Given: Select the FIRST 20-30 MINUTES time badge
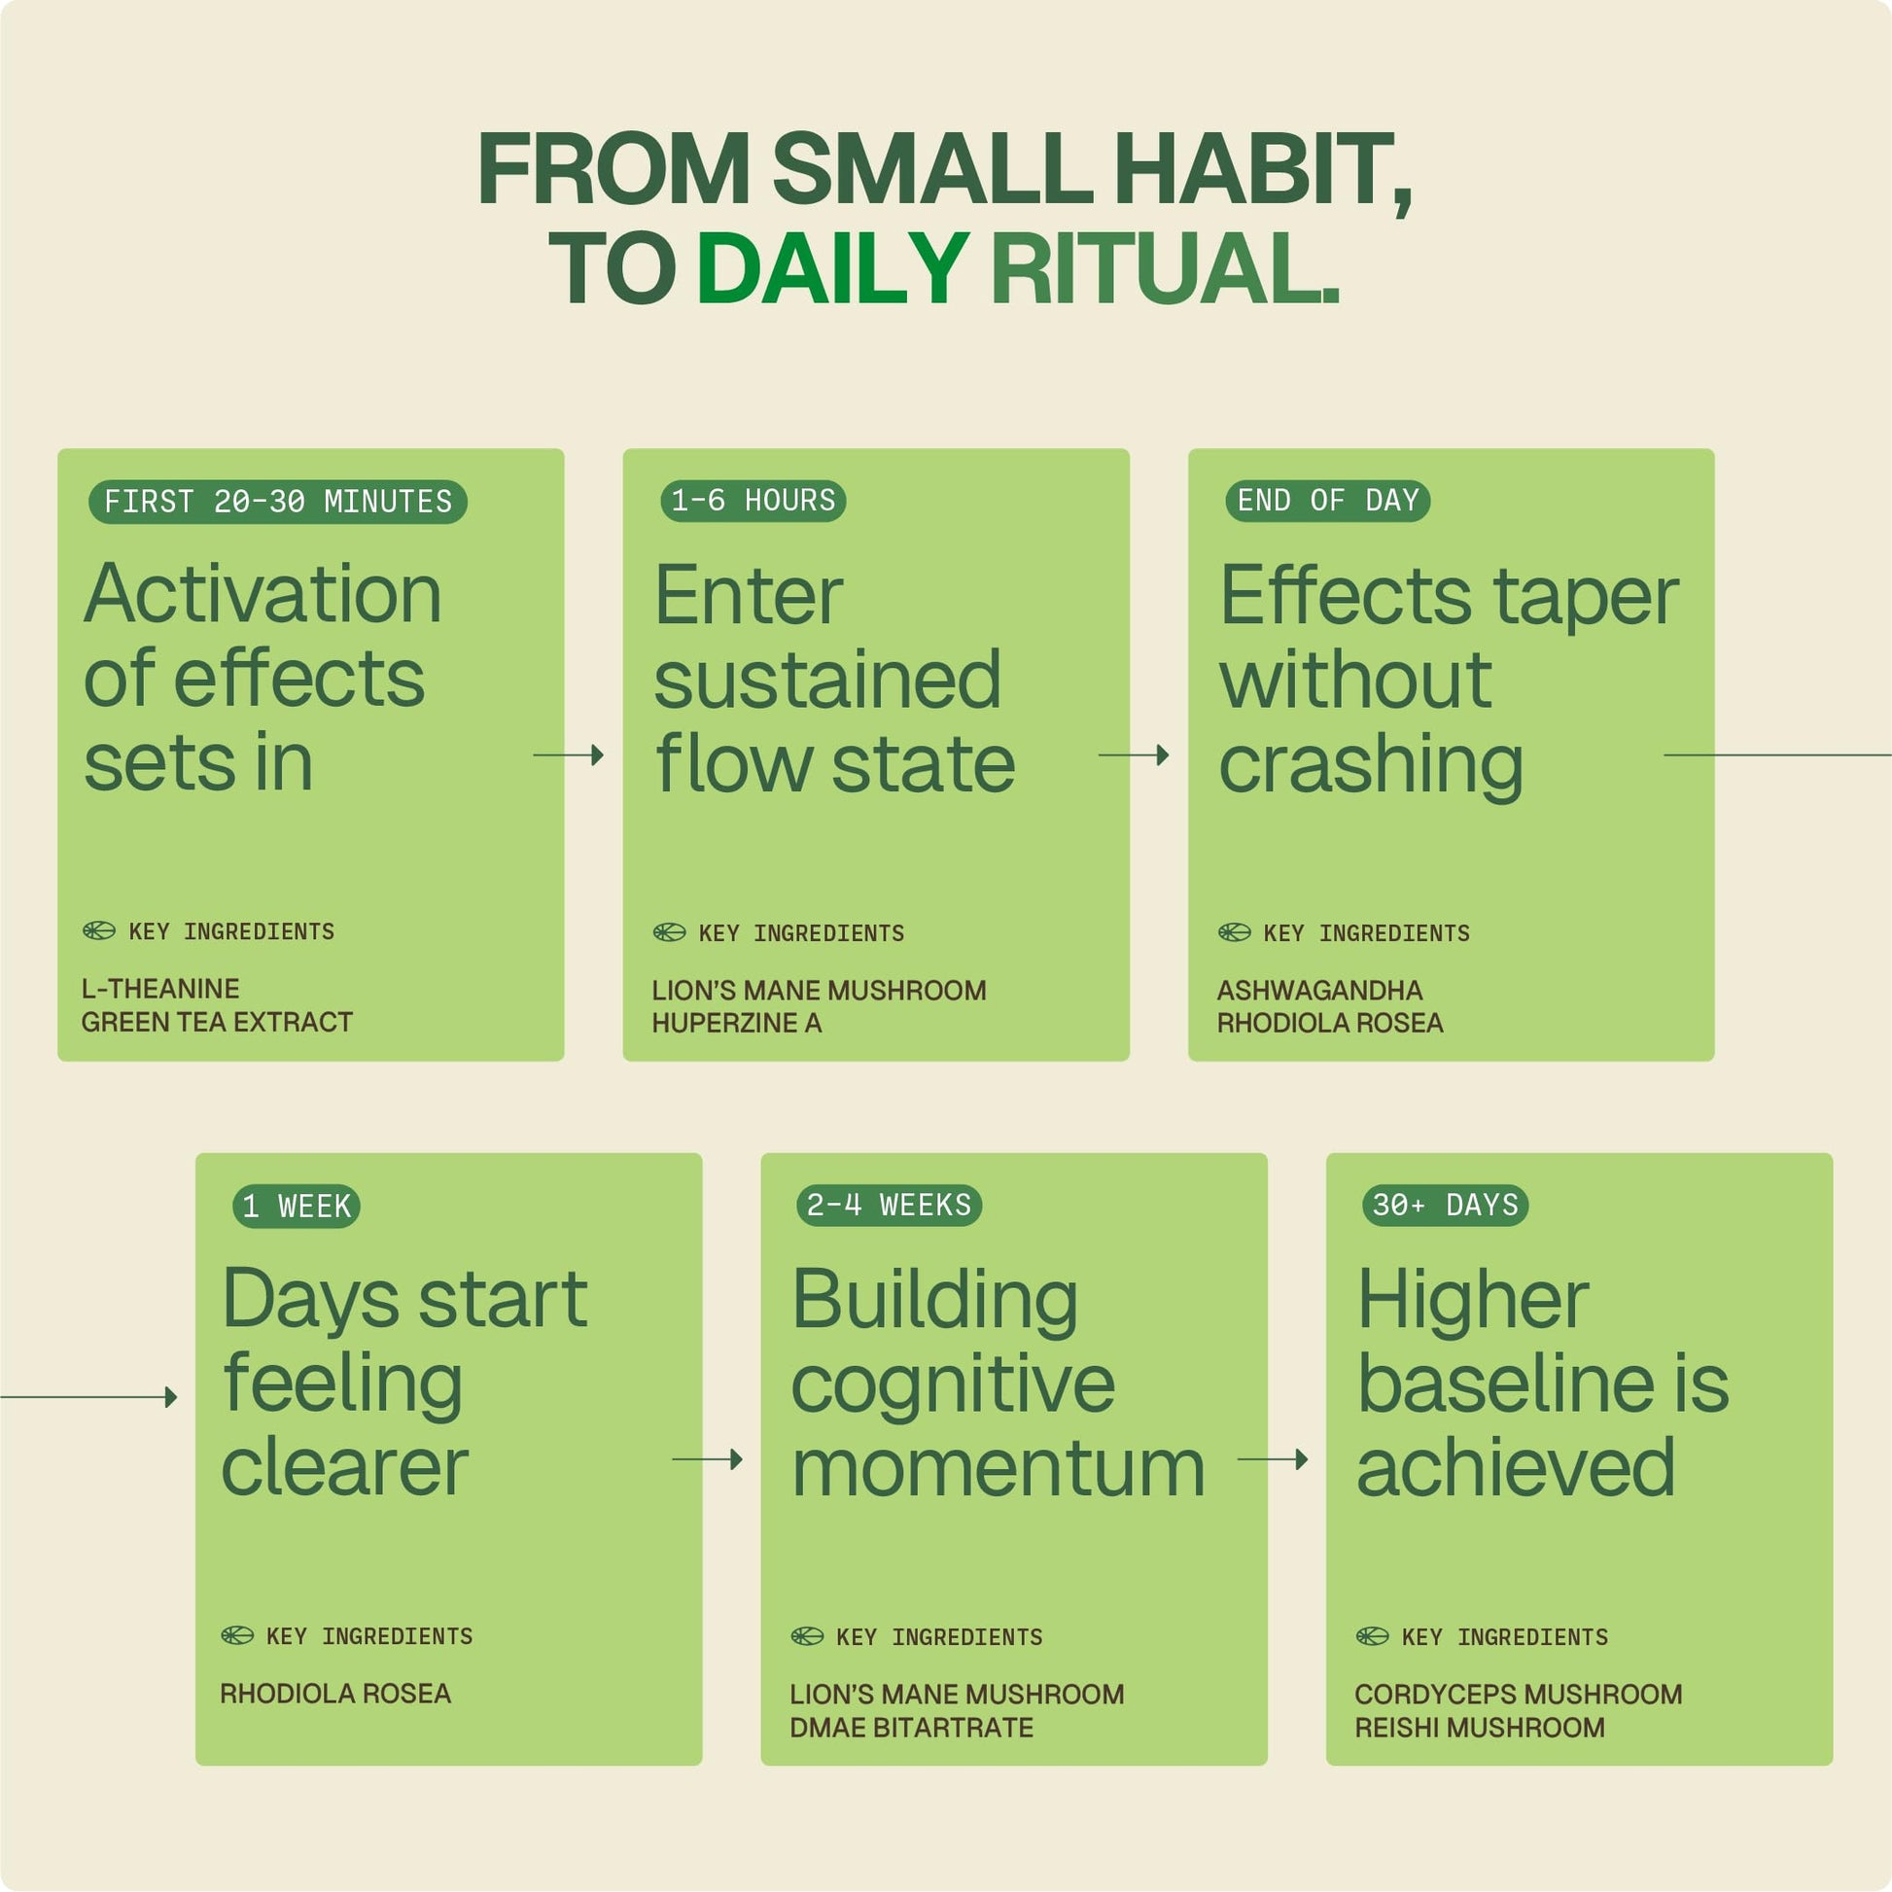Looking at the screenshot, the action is (x=278, y=502).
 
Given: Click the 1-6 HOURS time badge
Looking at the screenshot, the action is (x=753, y=501).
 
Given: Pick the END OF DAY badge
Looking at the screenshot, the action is (x=1328, y=501).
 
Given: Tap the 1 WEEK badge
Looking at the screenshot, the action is (x=297, y=1206).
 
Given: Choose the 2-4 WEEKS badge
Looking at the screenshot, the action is (x=890, y=1205).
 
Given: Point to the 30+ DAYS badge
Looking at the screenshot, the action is (x=1446, y=1205).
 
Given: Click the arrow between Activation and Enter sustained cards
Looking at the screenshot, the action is (x=568, y=755).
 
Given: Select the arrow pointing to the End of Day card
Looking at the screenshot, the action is (x=1134, y=755).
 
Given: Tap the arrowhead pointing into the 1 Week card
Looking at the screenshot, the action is (x=171, y=1397).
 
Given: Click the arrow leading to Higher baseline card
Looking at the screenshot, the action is (x=1273, y=1459).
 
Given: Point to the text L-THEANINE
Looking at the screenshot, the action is (x=160, y=988).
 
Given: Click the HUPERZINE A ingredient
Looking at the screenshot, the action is (x=736, y=1023).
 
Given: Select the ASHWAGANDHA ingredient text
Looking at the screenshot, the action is (x=1319, y=990).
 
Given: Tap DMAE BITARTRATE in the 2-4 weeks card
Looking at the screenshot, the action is (x=911, y=1728).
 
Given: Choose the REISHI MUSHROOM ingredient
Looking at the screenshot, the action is (x=1480, y=1728).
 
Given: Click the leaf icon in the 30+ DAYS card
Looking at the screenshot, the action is (x=1372, y=1635).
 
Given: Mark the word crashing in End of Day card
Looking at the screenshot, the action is (x=1370, y=765).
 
